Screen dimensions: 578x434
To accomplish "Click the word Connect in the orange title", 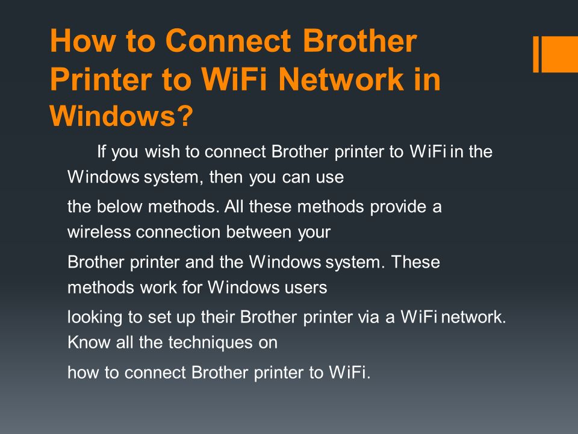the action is (x=228, y=40).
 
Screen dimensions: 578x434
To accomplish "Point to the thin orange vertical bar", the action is (x=536, y=54).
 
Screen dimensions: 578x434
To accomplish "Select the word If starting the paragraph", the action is (x=101, y=151).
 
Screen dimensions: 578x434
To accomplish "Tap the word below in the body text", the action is (x=119, y=206).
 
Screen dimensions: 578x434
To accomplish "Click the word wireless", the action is (x=99, y=232).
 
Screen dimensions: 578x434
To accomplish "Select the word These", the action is (x=415, y=262).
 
